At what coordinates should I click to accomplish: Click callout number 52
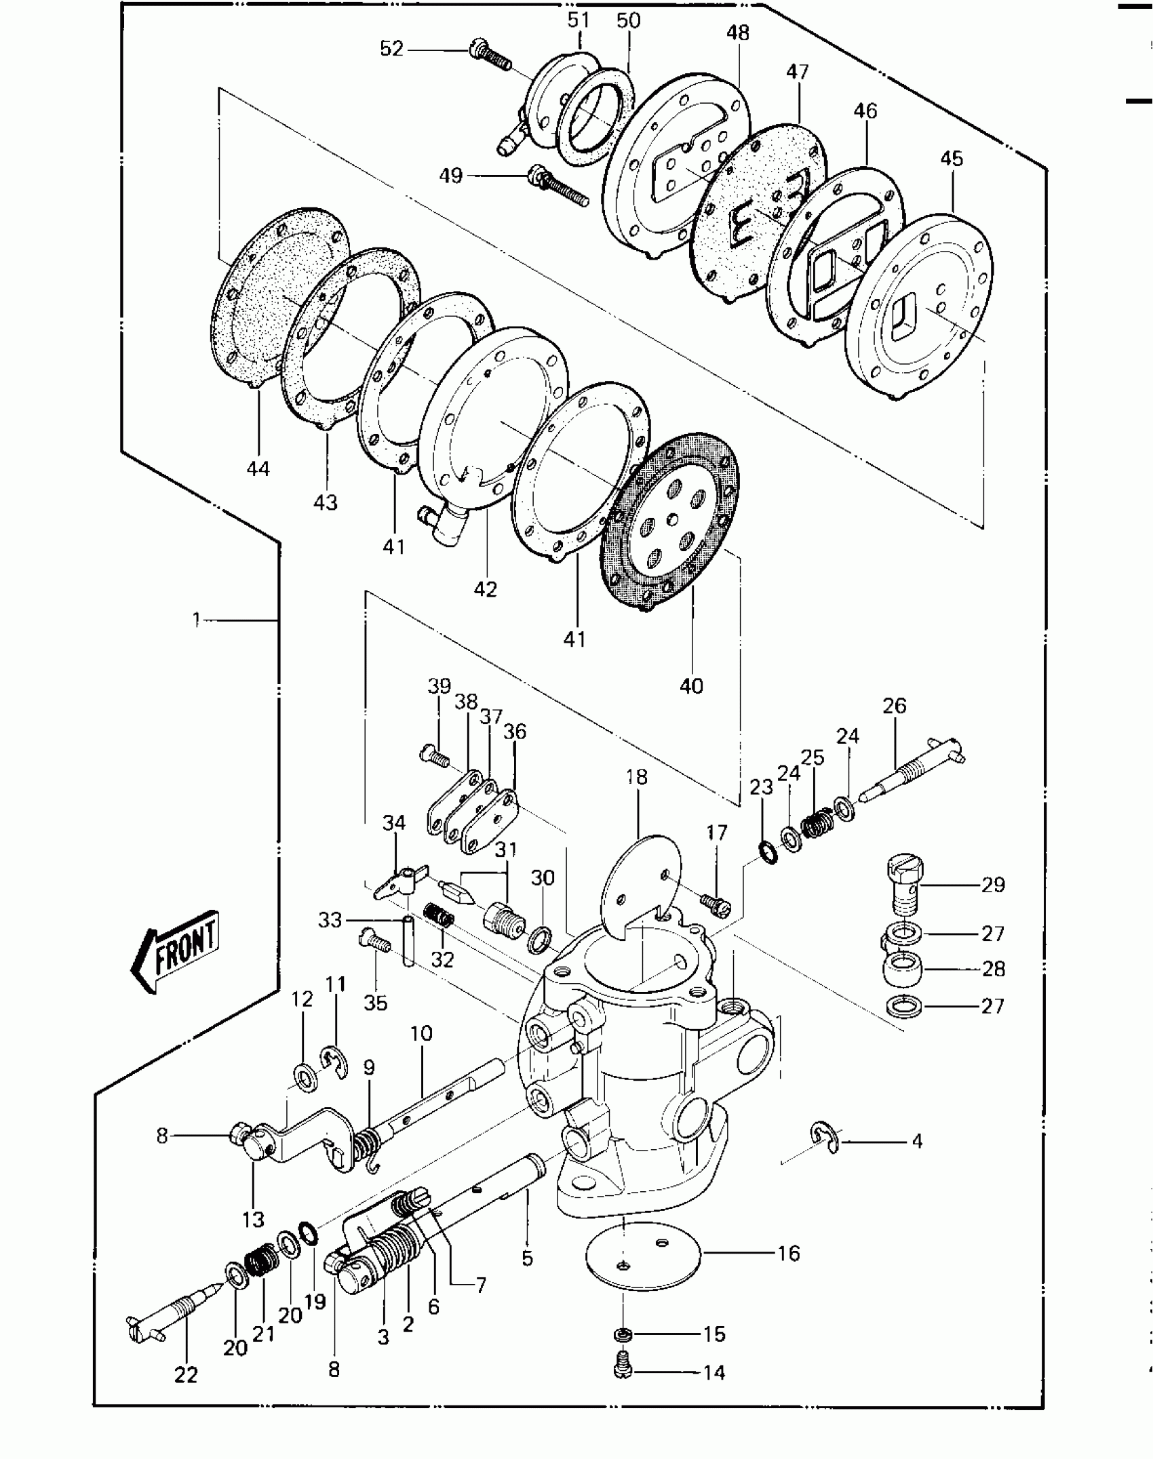392,49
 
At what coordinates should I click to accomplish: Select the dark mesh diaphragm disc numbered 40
670,521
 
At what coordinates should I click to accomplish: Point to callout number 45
952,159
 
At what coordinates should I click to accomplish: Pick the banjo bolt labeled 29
905,883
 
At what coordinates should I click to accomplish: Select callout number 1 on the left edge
196,619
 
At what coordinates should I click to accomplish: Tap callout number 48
737,33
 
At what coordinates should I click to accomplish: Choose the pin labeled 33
408,941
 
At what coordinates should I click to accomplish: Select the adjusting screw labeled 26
912,767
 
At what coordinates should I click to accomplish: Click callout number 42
485,589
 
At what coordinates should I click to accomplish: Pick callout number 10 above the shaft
421,1034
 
